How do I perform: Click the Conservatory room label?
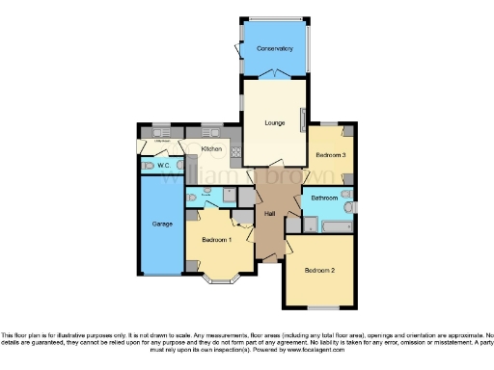coord(273,48)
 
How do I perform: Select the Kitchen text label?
coord(212,149)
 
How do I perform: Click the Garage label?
coord(162,224)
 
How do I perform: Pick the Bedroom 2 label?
coord(319,271)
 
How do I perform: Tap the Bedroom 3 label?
coord(331,154)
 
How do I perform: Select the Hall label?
coord(271,213)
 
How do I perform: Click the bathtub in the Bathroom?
coord(337,226)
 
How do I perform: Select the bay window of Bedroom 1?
coord(221,281)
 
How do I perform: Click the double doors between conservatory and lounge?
coord(274,73)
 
